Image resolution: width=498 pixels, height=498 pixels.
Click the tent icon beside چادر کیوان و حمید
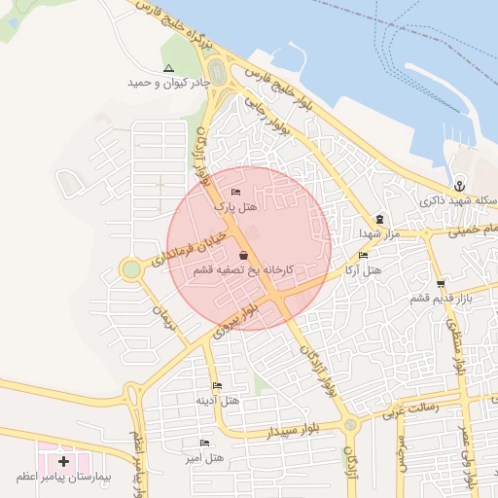[x=169, y=69]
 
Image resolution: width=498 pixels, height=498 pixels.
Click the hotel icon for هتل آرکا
[x=363, y=255]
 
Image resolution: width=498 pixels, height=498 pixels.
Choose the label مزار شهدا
[x=373, y=233]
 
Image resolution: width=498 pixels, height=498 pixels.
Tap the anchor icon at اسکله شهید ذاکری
[x=459, y=186]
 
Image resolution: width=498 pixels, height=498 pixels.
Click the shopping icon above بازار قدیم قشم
[x=441, y=284]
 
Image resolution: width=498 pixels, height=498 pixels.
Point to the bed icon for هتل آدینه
[x=216, y=385]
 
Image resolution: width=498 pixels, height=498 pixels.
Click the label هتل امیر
[x=206, y=456]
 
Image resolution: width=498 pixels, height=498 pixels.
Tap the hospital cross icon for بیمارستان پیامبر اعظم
[x=64, y=460]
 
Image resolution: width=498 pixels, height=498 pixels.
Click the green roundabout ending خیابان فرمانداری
[x=130, y=268]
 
